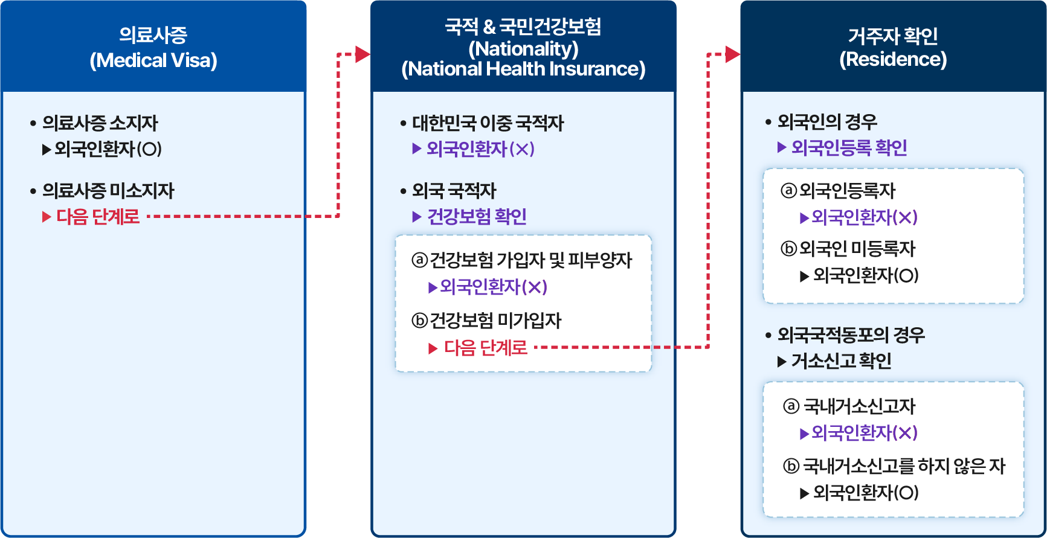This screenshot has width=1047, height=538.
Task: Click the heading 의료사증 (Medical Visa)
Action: click(153, 47)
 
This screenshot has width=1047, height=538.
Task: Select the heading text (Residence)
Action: click(893, 59)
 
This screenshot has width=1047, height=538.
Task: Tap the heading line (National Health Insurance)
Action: click(523, 69)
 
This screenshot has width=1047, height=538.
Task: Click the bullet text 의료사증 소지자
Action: click(100, 123)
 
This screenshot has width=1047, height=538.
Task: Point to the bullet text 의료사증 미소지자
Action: click(108, 191)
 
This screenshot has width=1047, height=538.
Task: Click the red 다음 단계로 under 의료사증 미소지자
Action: click(98, 216)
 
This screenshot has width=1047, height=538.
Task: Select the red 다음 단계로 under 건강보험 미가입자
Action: click(485, 348)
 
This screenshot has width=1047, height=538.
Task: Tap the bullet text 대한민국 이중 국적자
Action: click(488, 123)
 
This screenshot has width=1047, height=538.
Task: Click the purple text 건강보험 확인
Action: click(477, 216)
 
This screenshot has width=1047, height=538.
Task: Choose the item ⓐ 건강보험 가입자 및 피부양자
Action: click(522, 260)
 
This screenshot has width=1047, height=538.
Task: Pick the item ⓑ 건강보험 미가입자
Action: click(487, 321)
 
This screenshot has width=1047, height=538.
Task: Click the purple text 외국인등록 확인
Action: click(849, 147)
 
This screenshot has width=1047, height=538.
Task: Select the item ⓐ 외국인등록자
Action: click(839, 191)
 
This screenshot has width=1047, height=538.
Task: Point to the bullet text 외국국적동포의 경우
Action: click(851, 335)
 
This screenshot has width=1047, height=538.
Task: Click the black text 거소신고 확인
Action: click(841, 361)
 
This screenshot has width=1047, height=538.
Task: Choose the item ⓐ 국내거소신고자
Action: click(850, 406)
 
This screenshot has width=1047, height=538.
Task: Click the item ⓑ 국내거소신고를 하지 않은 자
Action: click(895, 466)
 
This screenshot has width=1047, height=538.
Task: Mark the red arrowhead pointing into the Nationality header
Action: click(362, 54)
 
